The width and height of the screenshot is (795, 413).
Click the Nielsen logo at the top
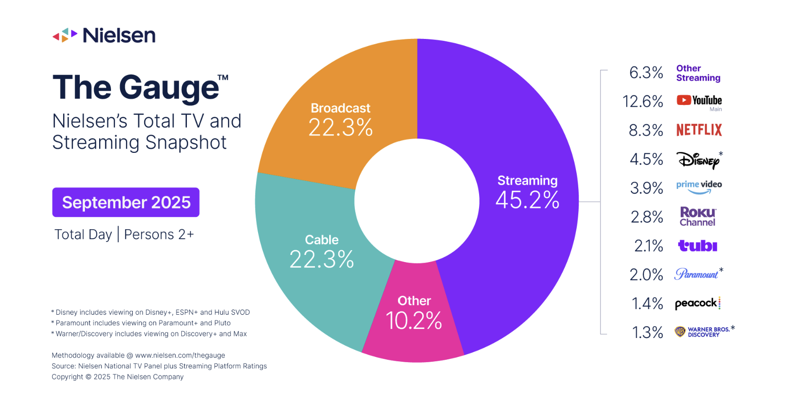(104, 35)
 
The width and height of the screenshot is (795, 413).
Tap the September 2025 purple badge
(126, 202)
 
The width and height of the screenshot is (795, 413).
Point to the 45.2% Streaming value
(527, 200)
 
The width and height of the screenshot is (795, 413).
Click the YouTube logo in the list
(699, 101)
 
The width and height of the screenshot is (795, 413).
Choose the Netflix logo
(699, 130)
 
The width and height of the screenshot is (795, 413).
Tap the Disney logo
(698, 160)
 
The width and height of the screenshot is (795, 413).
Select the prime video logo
(699, 187)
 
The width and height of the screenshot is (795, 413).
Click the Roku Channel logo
(697, 216)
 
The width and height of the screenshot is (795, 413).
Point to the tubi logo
(697, 246)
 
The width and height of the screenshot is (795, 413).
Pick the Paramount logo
(696, 274)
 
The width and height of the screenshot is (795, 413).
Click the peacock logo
(697, 303)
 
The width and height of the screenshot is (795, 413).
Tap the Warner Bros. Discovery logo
(703, 332)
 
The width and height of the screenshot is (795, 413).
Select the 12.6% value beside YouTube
(643, 101)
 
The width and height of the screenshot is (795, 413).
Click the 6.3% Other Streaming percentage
(646, 73)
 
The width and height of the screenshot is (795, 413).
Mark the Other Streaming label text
(698, 73)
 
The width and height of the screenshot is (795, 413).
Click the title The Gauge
(137, 88)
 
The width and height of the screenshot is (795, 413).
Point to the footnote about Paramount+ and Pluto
(142, 323)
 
